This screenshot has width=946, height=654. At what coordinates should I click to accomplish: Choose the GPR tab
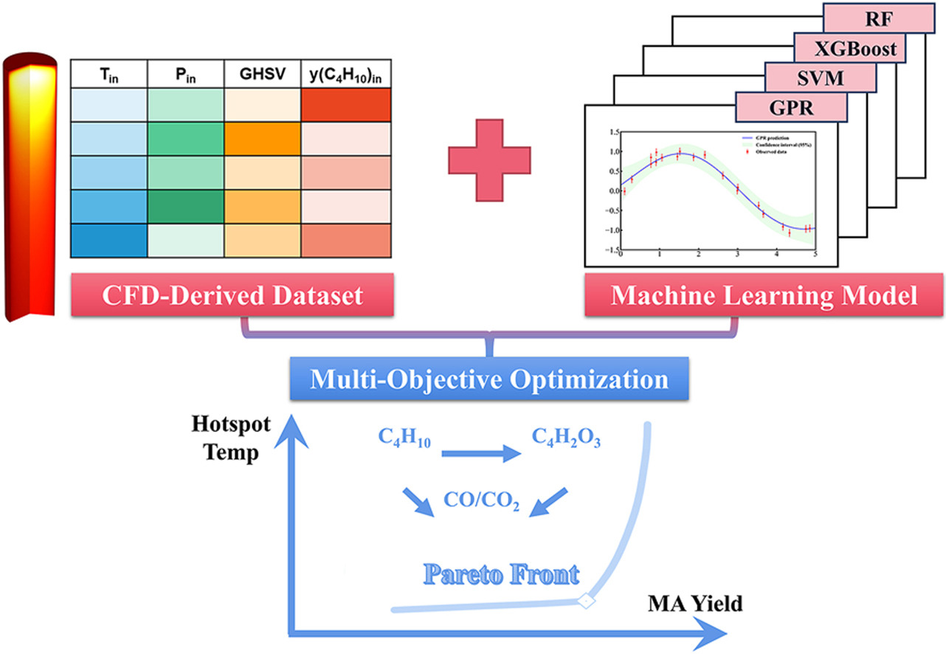coord(790,108)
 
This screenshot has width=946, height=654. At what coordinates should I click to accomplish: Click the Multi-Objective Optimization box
coord(489,379)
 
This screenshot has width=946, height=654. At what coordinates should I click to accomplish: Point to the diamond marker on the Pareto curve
coord(585,602)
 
